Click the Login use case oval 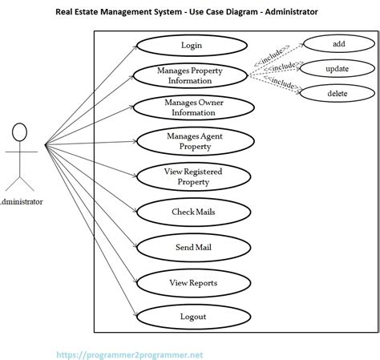(x=191, y=45)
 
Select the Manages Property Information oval (x=190, y=76)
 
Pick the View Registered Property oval (x=192, y=176)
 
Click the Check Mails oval (x=192, y=212)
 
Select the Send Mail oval (x=192, y=248)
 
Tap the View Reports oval (x=192, y=282)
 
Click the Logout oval (x=192, y=317)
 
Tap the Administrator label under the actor (x=22, y=201)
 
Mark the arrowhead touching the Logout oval (x=135, y=314)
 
